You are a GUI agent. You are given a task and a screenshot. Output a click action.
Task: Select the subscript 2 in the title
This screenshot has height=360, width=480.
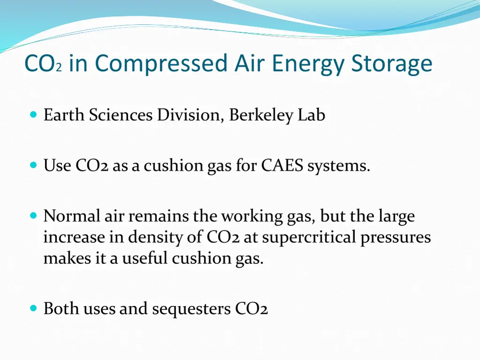point(59,68)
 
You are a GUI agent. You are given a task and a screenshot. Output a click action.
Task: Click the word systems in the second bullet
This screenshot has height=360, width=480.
point(339,165)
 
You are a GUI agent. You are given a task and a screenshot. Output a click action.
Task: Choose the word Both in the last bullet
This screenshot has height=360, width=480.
point(61,309)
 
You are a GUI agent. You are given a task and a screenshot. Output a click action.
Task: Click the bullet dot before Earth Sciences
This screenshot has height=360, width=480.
point(33,114)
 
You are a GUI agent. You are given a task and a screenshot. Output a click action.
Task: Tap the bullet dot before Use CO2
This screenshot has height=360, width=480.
point(33,165)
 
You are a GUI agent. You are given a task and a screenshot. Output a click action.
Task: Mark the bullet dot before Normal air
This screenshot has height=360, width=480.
point(33,215)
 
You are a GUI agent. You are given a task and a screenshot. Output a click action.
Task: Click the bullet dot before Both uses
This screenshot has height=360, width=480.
point(33,308)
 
